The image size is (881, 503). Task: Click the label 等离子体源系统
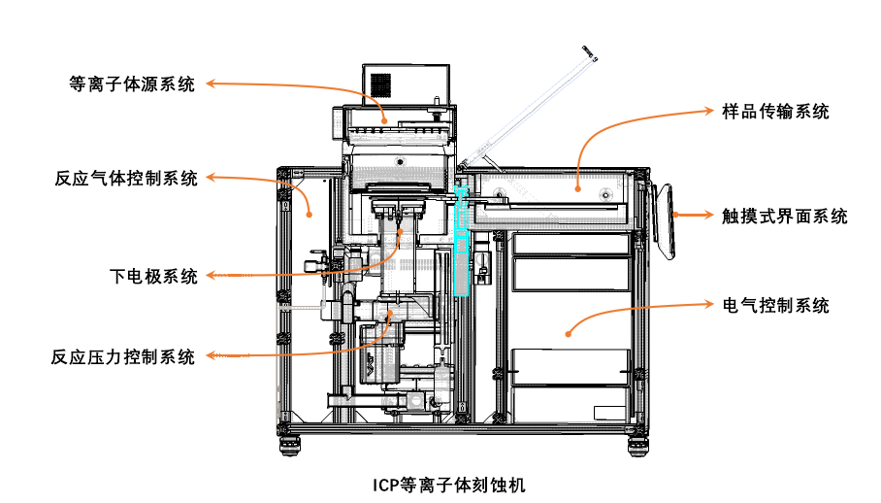coord(132,84)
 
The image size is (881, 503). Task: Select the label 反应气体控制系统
coord(126,179)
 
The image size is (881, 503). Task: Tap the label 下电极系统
coord(153,277)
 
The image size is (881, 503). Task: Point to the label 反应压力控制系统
coord(123,356)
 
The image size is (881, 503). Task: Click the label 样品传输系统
coord(776,112)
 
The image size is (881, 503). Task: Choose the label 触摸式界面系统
coord(785,216)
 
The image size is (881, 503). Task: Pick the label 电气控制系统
coord(776,306)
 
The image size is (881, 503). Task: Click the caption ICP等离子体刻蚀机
coord(448,483)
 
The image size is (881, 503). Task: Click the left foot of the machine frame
coord(290,446)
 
